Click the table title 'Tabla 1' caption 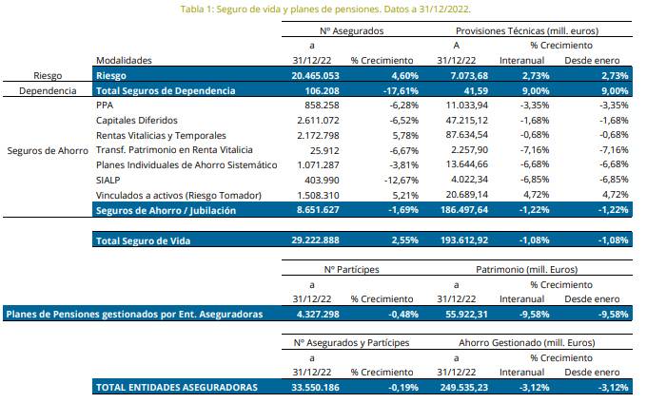point(323,10)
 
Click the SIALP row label point(108,180)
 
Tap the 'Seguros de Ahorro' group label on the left point(46,150)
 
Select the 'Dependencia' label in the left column point(46,90)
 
